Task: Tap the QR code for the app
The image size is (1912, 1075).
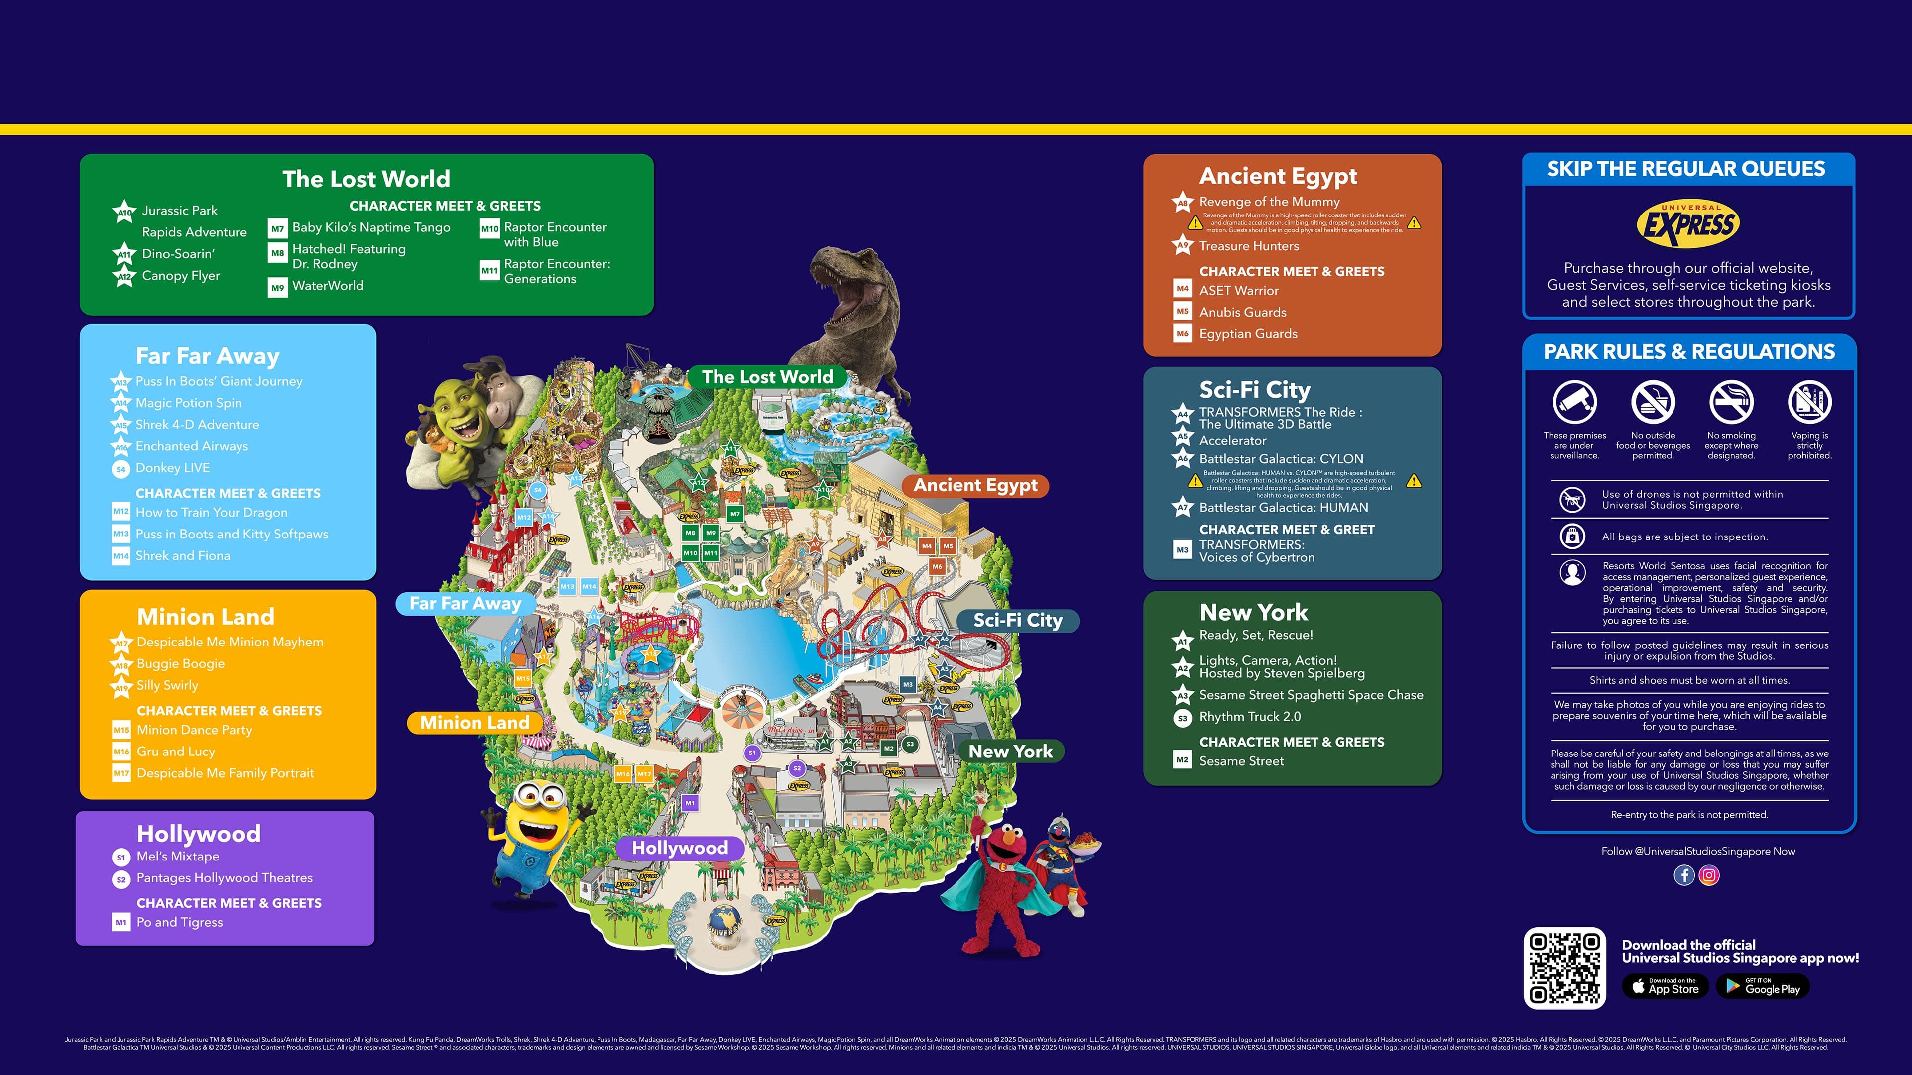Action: (x=1564, y=967)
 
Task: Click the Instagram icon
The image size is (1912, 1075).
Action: (x=1709, y=875)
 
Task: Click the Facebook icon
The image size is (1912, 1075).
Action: (x=1683, y=875)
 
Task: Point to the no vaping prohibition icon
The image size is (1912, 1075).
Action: (x=1809, y=401)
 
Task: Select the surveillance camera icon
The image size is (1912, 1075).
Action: (x=1574, y=401)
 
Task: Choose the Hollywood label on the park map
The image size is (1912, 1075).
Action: (x=679, y=848)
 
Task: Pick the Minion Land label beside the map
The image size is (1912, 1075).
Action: (x=475, y=723)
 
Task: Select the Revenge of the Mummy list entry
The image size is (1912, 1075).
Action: (x=1269, y=202)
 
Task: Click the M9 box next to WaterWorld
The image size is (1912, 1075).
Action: (x=278, y=287)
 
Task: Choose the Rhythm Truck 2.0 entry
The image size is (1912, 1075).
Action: (x=1249, y=717)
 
